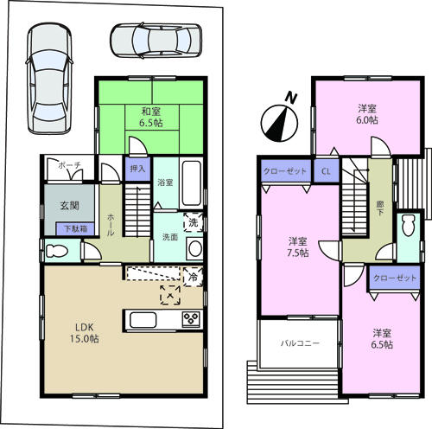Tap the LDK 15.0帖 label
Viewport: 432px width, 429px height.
tap(86, 333)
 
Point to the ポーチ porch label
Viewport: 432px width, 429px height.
tap(68, 164)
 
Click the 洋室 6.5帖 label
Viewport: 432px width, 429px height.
tap(383, 338)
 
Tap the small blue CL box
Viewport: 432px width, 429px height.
tap(326, 171)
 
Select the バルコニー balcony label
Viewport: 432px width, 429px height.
tap(300, 343)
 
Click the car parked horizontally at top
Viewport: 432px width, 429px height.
tap(156, 39)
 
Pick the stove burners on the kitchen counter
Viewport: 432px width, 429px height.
tap(189, 321)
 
